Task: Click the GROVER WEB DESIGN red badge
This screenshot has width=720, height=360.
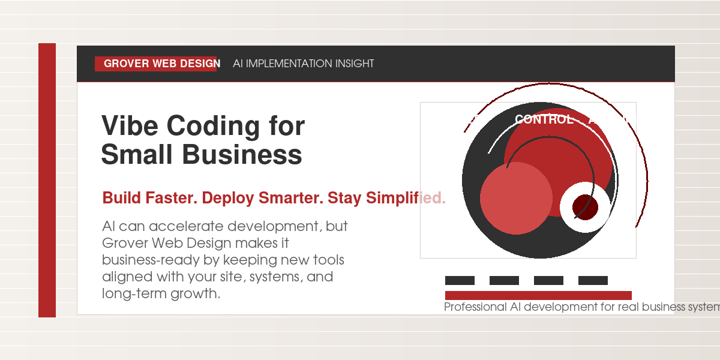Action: tap(156, 64)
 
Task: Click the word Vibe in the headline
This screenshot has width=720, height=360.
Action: tap(129, 127)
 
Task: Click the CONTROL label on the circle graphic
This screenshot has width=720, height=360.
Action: tap(544, 119)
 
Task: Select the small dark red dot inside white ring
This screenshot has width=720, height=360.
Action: tap(585, 207)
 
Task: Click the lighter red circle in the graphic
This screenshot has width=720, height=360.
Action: tap(516, 198)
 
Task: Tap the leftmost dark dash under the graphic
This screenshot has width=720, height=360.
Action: tap(460, 280)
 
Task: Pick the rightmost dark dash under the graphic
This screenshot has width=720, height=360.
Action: tap(593, 280)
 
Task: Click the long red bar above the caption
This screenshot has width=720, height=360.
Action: tap(538, 295)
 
